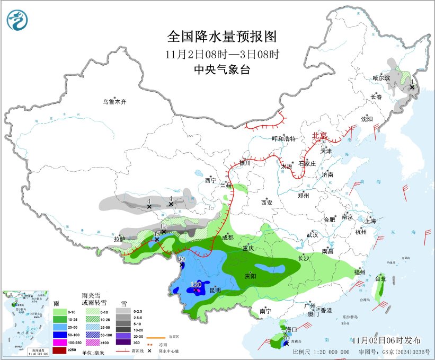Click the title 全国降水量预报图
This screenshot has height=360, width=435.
[x=222, y=37]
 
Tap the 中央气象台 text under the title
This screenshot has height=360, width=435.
[x=222, y=69]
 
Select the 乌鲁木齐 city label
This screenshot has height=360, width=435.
[x=115, y=101]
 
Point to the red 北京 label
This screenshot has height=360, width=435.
[x=320, y=135]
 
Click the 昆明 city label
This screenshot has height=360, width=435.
[x=215, y=290]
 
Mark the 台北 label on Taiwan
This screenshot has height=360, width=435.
[x=381, y=278]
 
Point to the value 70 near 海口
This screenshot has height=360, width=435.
[x=286, y=338]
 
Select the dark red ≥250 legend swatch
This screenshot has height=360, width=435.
[x=60, y=349]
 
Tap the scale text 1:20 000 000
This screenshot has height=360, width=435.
[x=332, y=352]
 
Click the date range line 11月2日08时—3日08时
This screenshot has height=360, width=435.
[x=222, y=54]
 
